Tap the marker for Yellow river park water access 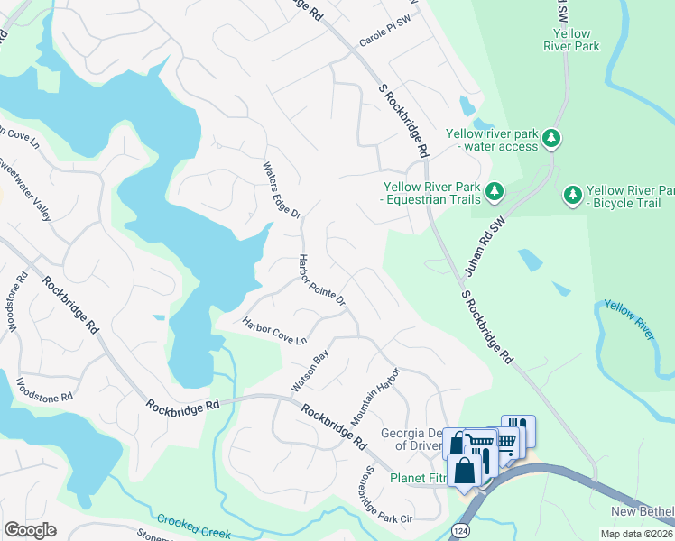point(551,139)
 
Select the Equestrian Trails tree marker point(494,190)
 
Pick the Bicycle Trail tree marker point(572,195)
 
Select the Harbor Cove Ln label point(274,331)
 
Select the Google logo point(30,529)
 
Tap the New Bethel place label point(643,512)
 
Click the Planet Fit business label point(418,478)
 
